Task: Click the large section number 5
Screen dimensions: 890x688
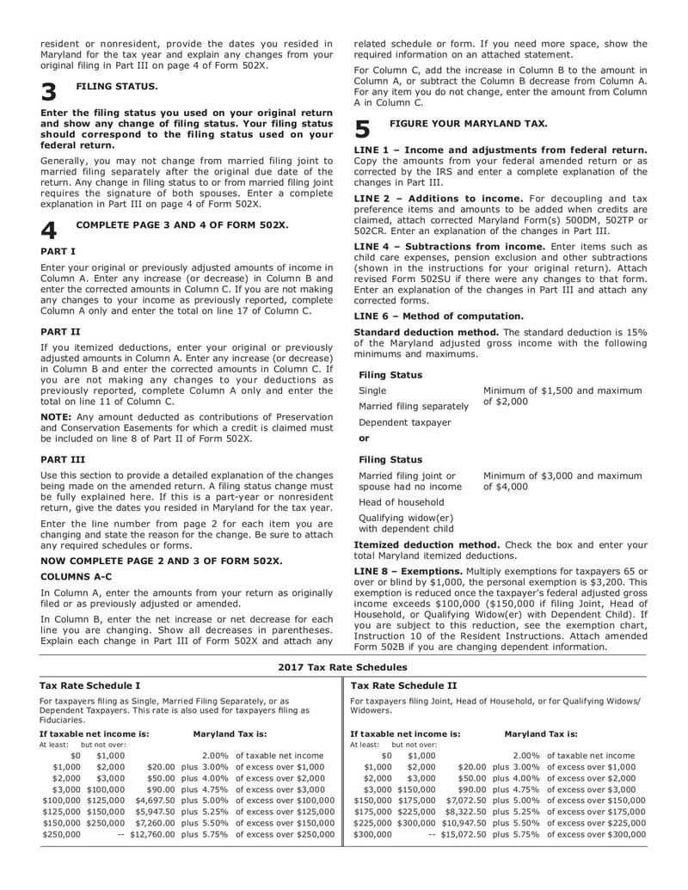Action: pos(362,129)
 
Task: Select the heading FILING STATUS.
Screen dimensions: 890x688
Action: pos(117,87)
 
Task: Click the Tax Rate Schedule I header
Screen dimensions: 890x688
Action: pos(91,685)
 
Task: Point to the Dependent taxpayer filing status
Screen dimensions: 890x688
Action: pos(404,422)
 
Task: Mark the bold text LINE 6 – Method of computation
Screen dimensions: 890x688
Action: pos(439,316)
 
